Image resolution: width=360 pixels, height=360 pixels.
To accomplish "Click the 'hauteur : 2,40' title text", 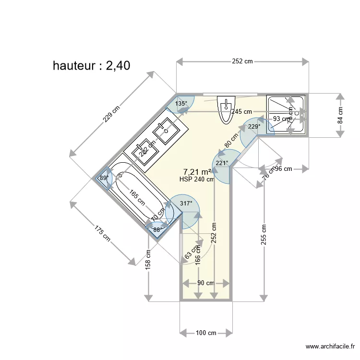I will click(91, 66).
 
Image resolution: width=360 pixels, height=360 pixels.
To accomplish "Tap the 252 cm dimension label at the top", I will click(242, 61).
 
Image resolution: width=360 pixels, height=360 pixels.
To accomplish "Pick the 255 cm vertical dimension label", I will click(264, 235).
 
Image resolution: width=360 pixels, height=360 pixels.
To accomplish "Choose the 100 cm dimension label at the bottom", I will click(205, 332).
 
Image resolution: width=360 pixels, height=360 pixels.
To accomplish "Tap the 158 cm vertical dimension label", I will click(148, 260).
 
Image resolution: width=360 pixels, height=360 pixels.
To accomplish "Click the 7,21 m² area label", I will click(198, 172).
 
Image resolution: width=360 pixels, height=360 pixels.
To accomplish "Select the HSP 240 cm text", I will click(197, 180).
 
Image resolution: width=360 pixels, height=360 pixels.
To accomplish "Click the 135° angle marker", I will click(181, 104).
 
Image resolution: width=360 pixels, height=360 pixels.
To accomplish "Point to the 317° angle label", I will click(186, 204).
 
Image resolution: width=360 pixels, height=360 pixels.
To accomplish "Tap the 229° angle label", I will click(254, 127).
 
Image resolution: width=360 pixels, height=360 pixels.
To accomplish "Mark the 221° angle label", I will click(222, 163).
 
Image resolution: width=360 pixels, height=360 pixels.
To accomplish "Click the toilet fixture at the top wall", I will click(226, 109).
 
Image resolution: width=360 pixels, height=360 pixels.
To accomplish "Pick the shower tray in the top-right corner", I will click(286, 115).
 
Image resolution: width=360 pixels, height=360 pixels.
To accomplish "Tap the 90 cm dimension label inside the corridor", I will click(206, 283).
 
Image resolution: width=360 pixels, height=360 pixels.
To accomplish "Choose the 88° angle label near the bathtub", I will click(157, 230).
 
